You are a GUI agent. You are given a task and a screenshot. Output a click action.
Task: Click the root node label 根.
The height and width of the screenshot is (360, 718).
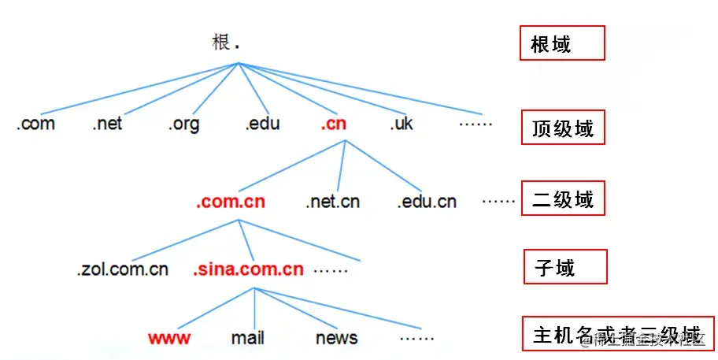point(221,43)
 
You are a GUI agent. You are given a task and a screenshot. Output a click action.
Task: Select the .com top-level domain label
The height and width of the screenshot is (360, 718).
point(35,124)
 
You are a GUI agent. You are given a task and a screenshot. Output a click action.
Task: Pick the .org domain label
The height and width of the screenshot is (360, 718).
point(183,124)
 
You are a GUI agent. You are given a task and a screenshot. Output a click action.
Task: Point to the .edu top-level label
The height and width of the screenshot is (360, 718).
point(261,124)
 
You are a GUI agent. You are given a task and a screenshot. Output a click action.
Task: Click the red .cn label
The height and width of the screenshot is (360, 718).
point(333,124)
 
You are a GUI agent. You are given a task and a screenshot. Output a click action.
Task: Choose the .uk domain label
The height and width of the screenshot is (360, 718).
point(401,124)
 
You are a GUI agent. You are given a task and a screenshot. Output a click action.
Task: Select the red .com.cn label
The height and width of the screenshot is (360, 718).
point(231,202)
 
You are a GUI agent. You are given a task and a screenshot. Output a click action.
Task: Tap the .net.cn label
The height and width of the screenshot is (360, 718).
point(332,202)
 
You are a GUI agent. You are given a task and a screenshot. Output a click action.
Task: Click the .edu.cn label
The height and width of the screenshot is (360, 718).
point(426,202)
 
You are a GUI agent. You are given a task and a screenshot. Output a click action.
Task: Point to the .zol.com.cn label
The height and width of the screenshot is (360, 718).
point(122,269)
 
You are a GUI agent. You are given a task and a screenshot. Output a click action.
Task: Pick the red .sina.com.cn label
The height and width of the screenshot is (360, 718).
point(248,269)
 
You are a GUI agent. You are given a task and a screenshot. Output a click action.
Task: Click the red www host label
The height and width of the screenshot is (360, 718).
point(168,338)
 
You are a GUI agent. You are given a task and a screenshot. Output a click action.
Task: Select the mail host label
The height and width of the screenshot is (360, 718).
point(247,338)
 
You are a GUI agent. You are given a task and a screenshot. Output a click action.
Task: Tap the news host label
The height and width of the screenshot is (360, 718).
point(336,338)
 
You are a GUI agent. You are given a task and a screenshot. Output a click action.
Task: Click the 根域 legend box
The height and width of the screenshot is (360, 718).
point(561,43)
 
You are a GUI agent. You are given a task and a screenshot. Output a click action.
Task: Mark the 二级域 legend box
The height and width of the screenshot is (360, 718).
point(561,198)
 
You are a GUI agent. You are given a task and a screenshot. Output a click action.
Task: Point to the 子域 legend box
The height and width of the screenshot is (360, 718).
point(565,267)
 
